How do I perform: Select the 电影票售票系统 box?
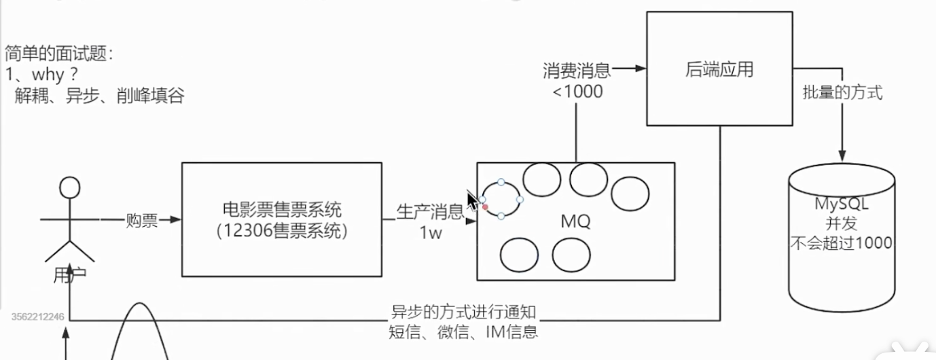click(281, 219)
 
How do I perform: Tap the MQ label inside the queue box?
click(575, 221)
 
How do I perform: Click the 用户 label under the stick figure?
click(70, 275)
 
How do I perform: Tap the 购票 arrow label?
click(141, 220)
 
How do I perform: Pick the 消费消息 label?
click(577, 70)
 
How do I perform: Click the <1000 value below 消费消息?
click(577, 91)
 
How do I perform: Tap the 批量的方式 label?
click(842, 93)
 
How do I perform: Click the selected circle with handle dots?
click(501, 199)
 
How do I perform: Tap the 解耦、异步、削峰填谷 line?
click(99, 96)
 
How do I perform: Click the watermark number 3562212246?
click(38, 317)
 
